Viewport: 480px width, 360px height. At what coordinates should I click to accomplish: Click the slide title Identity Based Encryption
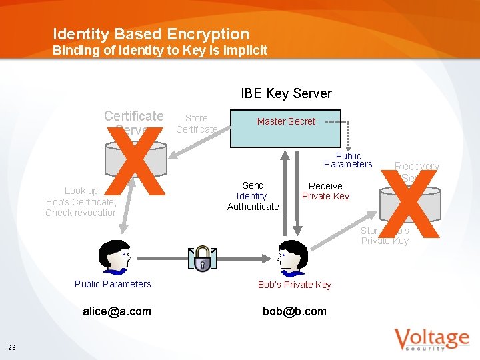pos(151,34)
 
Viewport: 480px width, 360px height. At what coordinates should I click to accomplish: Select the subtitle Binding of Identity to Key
pos(160,51)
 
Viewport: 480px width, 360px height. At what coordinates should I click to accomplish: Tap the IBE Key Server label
pos(286,93)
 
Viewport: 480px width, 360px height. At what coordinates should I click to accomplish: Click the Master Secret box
pos(285,128)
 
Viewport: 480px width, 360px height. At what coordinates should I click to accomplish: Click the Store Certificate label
pos(197,123)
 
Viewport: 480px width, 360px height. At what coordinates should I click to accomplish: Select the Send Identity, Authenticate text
pos(253,196)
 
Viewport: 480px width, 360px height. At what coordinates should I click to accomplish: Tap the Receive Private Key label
pos(325,191)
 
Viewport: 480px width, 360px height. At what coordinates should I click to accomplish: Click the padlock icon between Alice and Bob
pos(202,259)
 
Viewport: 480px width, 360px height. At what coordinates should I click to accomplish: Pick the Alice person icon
pos(113,257)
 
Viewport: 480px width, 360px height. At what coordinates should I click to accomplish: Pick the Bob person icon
pos(291,257)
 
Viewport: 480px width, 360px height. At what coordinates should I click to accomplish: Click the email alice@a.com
pos(117,311)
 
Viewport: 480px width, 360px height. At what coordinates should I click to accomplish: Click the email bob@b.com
pos(295,311)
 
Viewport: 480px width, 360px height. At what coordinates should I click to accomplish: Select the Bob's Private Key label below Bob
pos(295,285)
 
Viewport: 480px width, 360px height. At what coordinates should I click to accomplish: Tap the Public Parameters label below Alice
pos(113,284)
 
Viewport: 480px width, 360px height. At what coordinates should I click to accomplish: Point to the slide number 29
pos(13,347)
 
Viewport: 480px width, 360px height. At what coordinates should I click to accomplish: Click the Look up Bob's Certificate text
pos(81,201)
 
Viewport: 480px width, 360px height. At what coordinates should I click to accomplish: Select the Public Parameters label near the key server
pos(348,160)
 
